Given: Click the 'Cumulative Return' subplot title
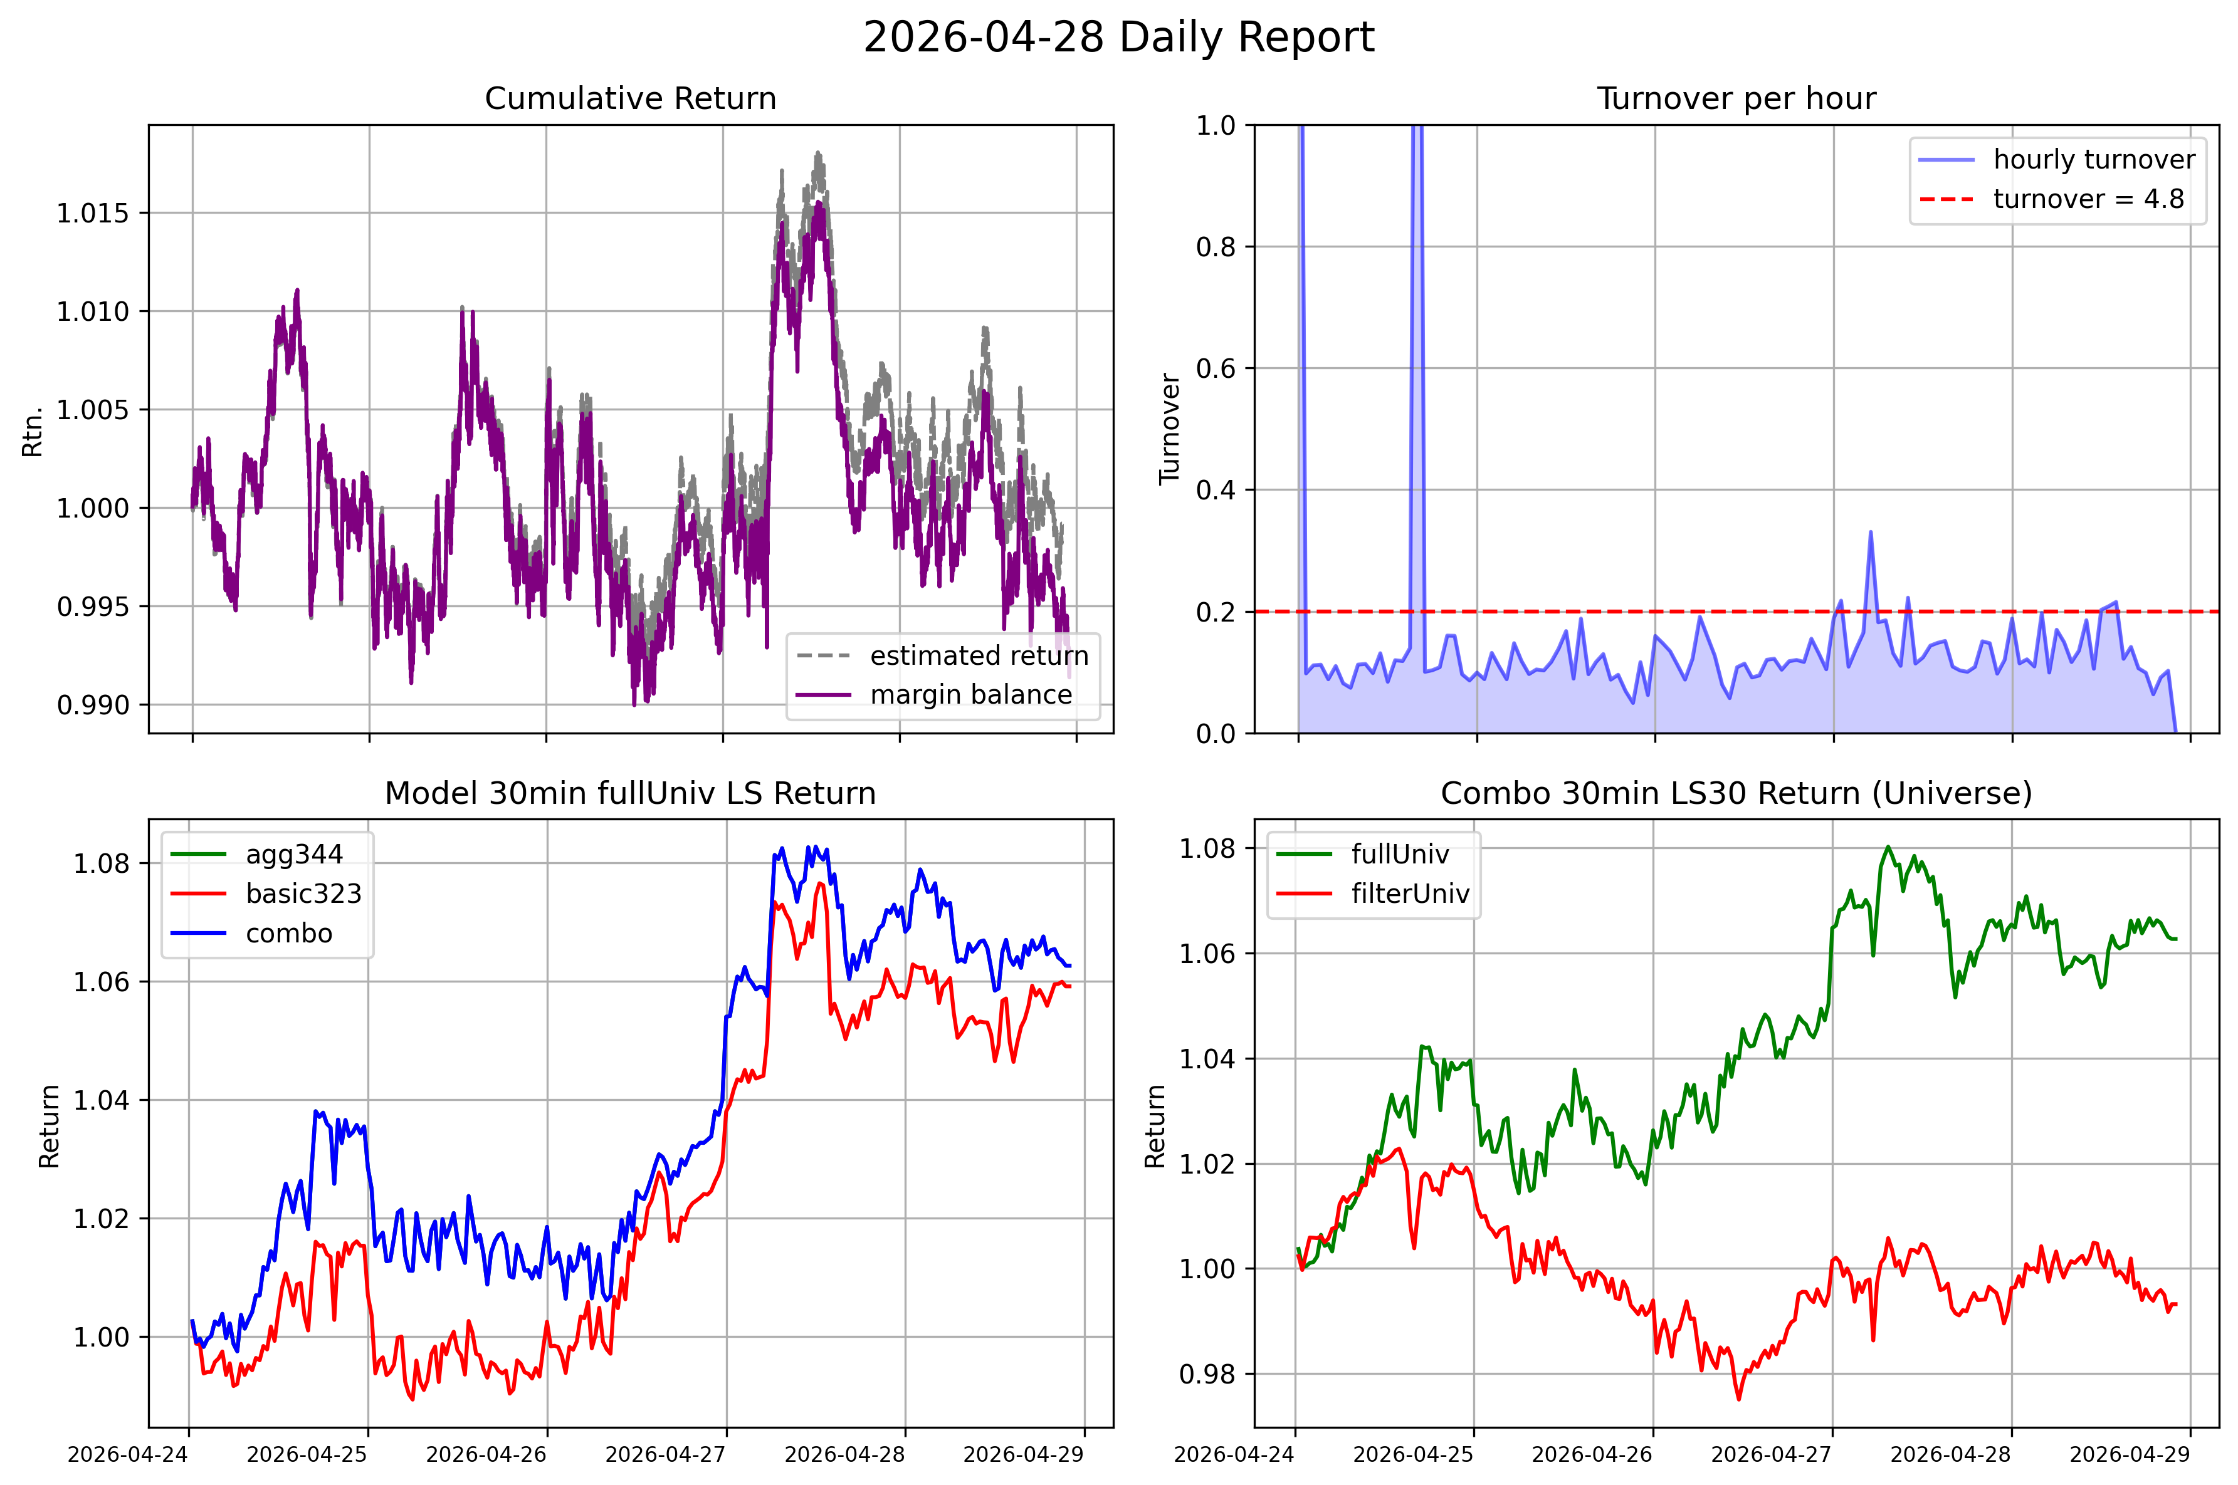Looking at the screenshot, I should click(x=630, y=98).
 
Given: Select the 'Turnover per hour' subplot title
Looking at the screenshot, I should click(x=1736, y=98).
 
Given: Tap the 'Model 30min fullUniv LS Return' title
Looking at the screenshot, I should click(x=630, y=793).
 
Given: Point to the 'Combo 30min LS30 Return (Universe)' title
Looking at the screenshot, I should click(x=1736, y=793).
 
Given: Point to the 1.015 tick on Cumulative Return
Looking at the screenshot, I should click(x=93, y=213).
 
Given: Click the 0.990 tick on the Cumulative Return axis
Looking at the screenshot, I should click(x=93, y=705).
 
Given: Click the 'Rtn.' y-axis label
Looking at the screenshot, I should click(x=33, y=431).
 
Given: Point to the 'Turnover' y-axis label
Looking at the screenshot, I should click(x=1170, y=429).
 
